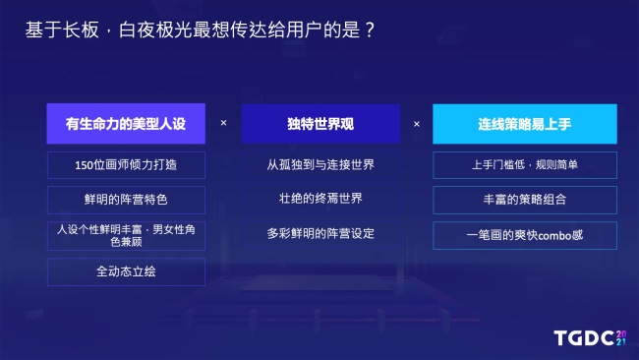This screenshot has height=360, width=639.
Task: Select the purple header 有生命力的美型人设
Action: [126, 124]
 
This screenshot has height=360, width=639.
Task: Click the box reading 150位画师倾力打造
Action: [126, 164]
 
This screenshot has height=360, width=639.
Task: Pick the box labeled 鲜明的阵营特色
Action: [126, 200]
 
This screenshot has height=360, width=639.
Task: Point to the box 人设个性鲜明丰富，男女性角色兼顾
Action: [126, 236]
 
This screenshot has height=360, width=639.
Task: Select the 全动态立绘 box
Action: [126, 271]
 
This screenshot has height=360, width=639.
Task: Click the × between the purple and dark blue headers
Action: [223, 124]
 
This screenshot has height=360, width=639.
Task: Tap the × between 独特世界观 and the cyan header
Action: [417, 124]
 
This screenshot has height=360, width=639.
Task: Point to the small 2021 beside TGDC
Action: [621, 337]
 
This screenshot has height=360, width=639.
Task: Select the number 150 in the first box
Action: [84, 164]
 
